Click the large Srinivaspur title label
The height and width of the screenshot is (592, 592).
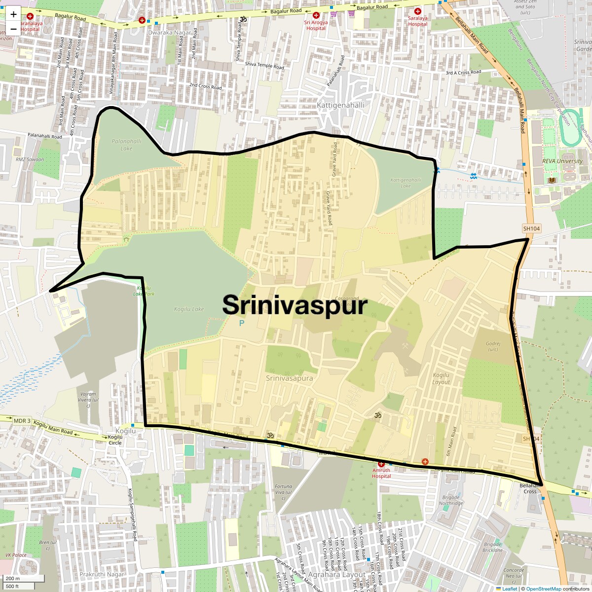point(295,305)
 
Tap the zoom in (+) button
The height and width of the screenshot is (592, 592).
point(13,14)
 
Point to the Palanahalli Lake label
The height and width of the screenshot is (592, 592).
point(126,145)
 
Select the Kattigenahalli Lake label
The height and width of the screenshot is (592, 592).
point(406,183)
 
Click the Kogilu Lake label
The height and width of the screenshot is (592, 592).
point(188,309)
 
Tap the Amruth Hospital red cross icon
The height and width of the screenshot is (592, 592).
point(381,464)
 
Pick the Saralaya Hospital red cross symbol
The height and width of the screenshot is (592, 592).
point(418,11)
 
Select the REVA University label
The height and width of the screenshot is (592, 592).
point(562,161)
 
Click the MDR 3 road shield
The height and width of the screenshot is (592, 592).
point(22,421)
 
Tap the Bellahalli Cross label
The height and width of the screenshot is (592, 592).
point(530,488)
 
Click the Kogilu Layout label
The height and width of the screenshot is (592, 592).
point(441,379)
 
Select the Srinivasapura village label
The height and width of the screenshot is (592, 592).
point(289,378)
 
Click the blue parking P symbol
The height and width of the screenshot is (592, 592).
point(241,324)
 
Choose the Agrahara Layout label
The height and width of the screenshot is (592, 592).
point(336,574)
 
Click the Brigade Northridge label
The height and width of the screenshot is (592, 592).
point(451,500)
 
